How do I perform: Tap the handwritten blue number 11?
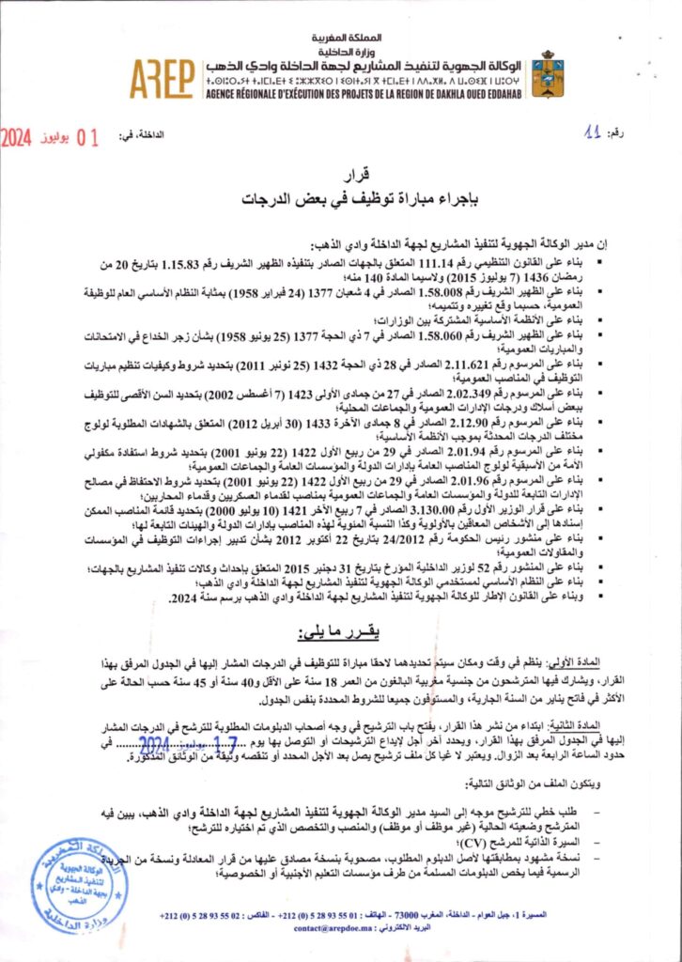pos(591,134)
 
